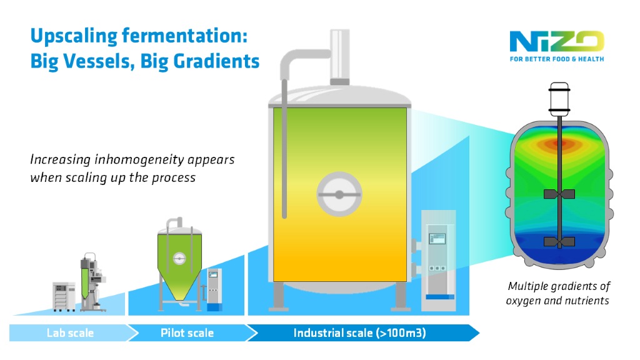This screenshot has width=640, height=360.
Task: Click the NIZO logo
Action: click(x=556, y=42)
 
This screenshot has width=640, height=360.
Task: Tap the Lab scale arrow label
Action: click(x=70, y=332)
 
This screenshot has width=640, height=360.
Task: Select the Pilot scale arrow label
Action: click(x=187, y=332)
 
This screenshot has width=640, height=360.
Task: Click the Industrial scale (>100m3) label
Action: click(x=359, y=332)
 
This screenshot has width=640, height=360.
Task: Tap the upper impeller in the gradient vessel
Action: click(x=558, y=194)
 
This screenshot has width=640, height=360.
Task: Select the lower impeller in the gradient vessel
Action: click(x=558, y=241)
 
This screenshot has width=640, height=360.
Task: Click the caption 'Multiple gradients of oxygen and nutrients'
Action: click(x=558, y=293)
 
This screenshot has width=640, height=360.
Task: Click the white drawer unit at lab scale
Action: click(x=63, y=297)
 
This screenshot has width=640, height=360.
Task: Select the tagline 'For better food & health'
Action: click(x=556, y=59)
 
